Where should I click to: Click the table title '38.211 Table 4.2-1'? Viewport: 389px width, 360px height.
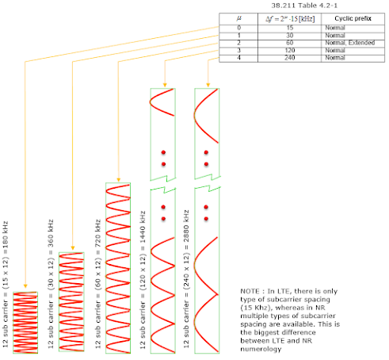304,6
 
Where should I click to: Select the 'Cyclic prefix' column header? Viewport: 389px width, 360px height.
353,18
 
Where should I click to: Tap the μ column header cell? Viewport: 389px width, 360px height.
238,18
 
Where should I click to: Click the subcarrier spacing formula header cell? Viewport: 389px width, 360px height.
290,19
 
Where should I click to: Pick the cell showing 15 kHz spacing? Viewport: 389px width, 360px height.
290,28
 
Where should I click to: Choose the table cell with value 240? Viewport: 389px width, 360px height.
290,58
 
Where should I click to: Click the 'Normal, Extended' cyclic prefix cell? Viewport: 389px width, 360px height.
350,43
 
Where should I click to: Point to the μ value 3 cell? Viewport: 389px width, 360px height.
238,50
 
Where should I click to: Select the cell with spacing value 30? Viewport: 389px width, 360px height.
290,36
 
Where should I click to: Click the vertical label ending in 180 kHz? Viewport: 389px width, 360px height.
6,285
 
